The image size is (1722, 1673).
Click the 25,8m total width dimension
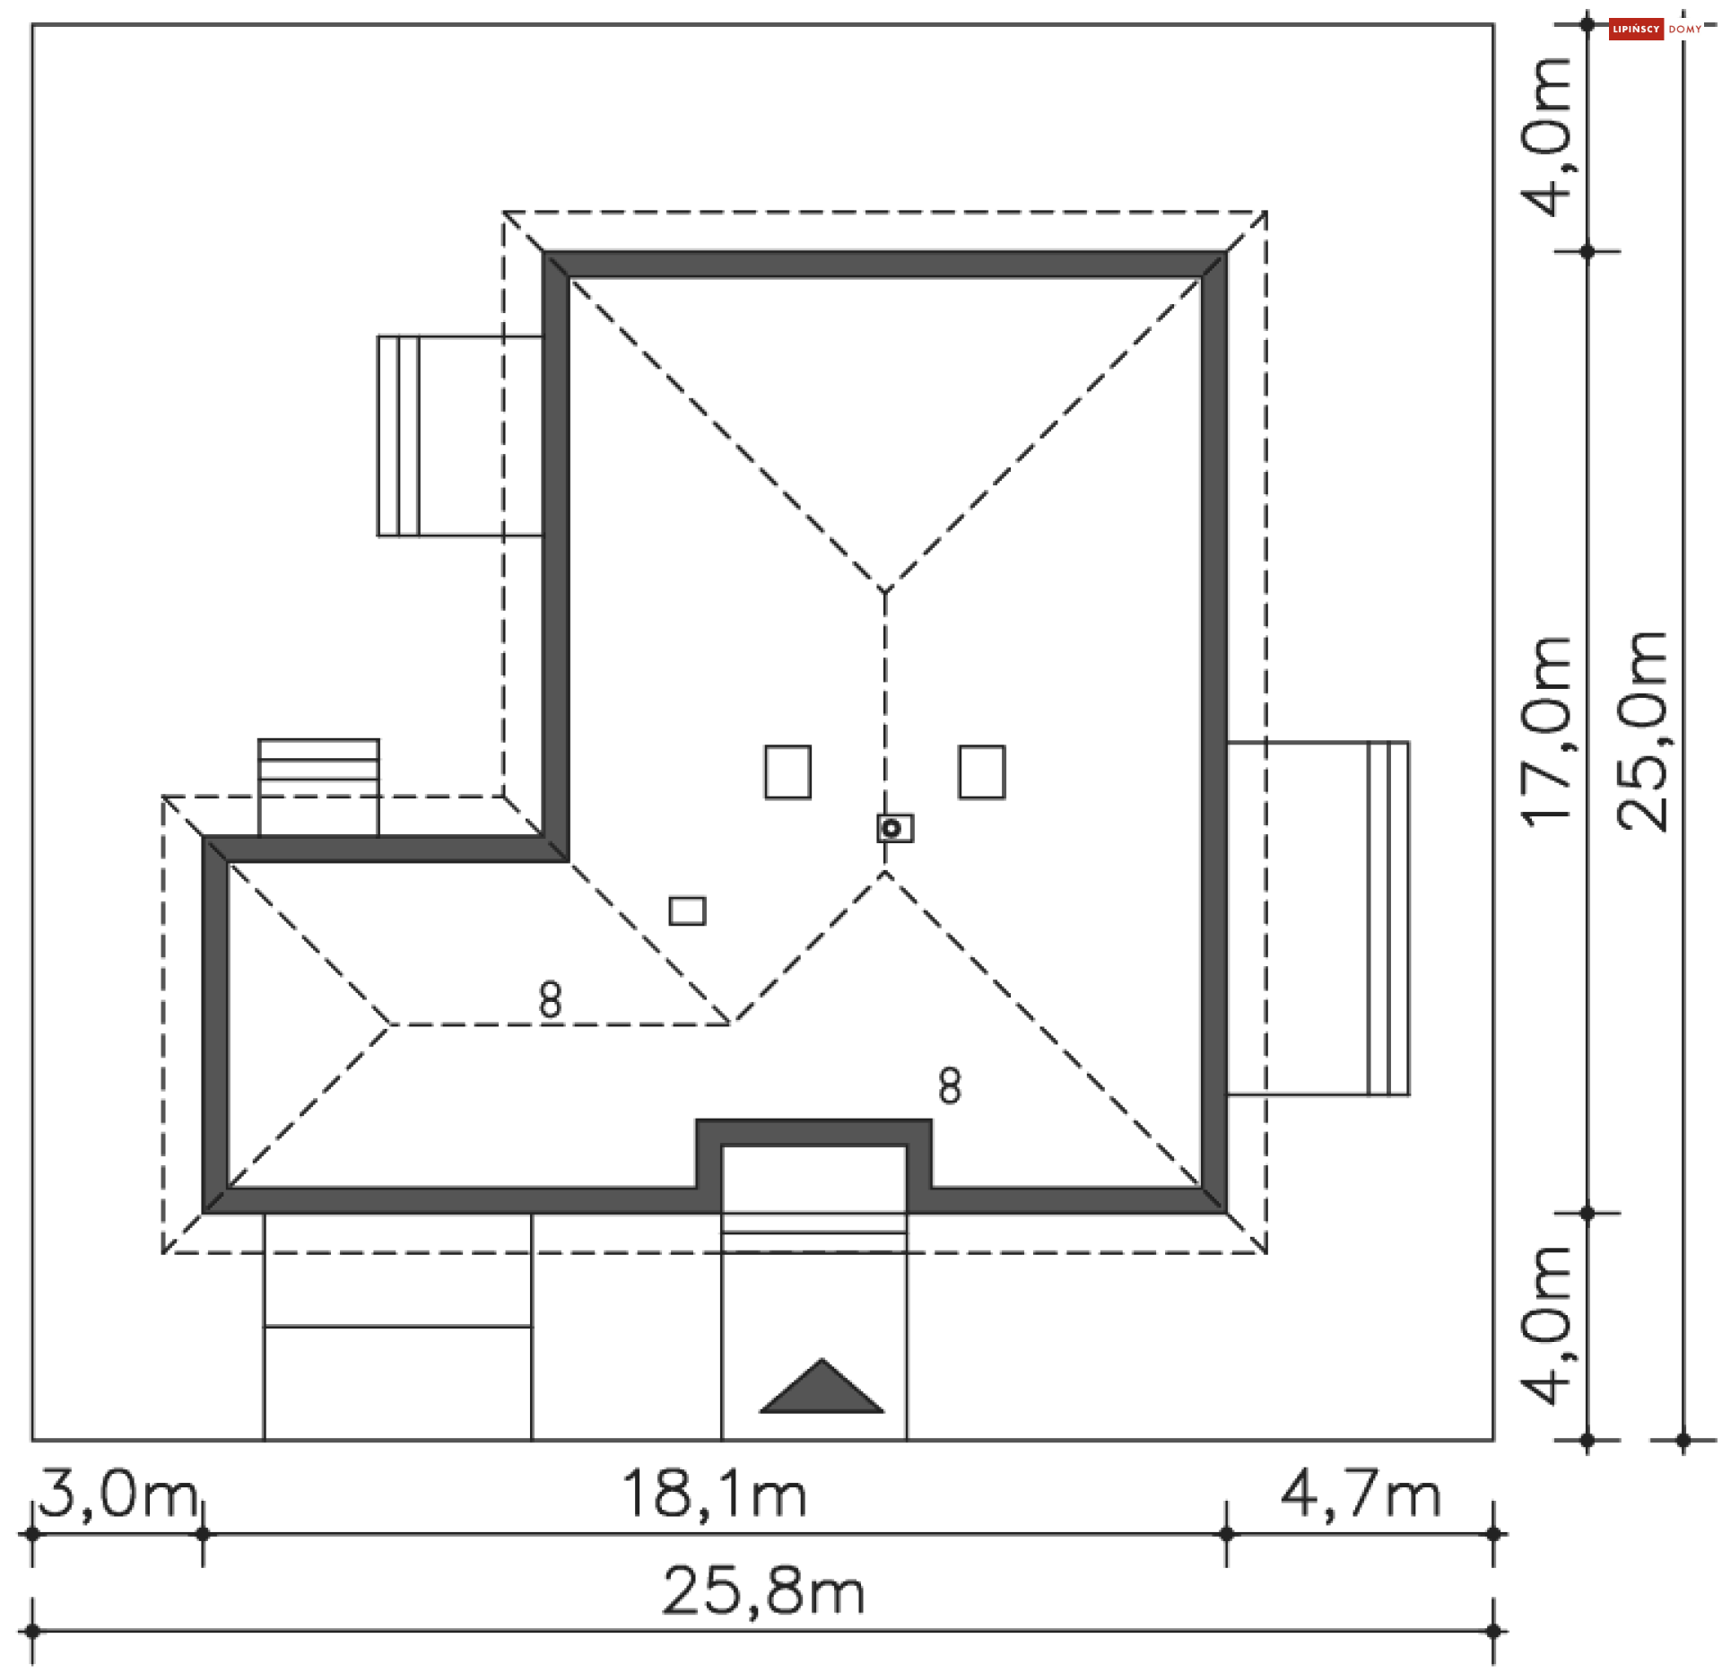coord(763,1591)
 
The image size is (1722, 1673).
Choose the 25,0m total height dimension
coord(1642,731)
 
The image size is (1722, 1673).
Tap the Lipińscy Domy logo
coord(1656,30)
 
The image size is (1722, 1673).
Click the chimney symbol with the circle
coord(894,828)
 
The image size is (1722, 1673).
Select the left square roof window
coord(787,771)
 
